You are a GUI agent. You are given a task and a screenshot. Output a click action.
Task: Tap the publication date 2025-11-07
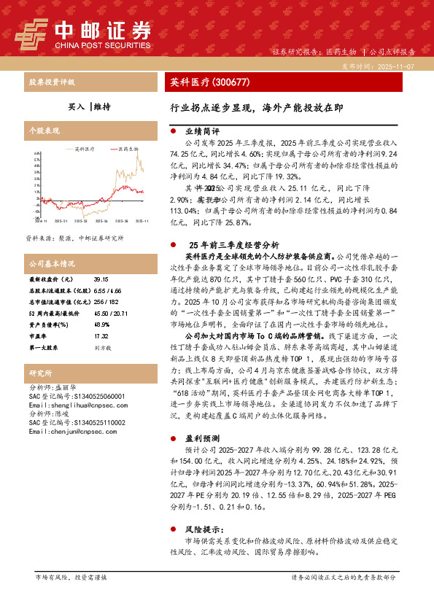pos(397,66)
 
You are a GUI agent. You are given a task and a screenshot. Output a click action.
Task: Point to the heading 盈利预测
pos(198,440)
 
